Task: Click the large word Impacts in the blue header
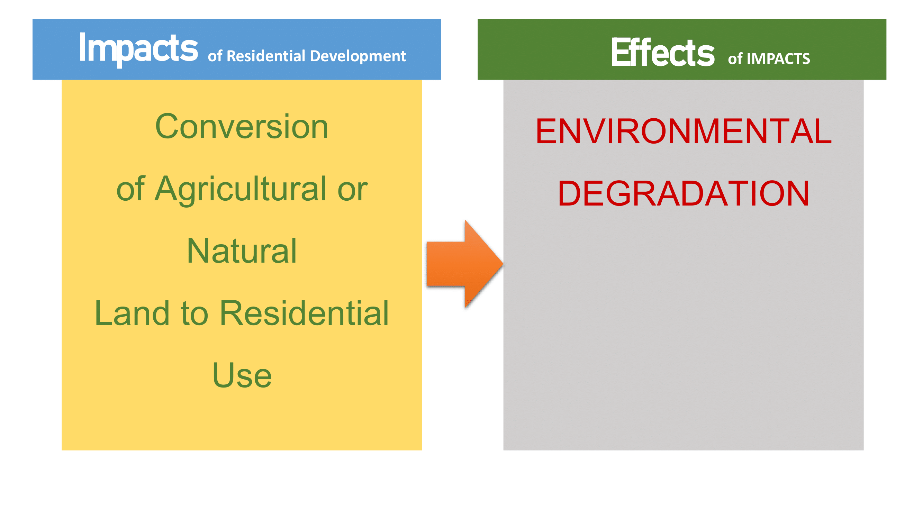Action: pos(138,49)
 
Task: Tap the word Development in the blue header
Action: pos(358,56)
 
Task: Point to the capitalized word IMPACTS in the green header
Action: pos(778,59)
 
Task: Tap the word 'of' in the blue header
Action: pos(215,56)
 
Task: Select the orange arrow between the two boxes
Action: pos(465,264)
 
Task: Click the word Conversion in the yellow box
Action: pos(242,126)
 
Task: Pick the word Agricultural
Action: pos(241,190)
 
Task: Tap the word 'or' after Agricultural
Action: pos(353,190)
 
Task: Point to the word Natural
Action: pos(242,251)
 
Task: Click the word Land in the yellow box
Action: pos(132,313)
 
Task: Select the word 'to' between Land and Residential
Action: pos(194,314)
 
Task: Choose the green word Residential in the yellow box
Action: pos(304,313)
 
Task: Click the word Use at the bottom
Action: pos(242,375)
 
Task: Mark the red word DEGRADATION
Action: pos(684,193)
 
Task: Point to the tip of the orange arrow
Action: pos(504,264)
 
